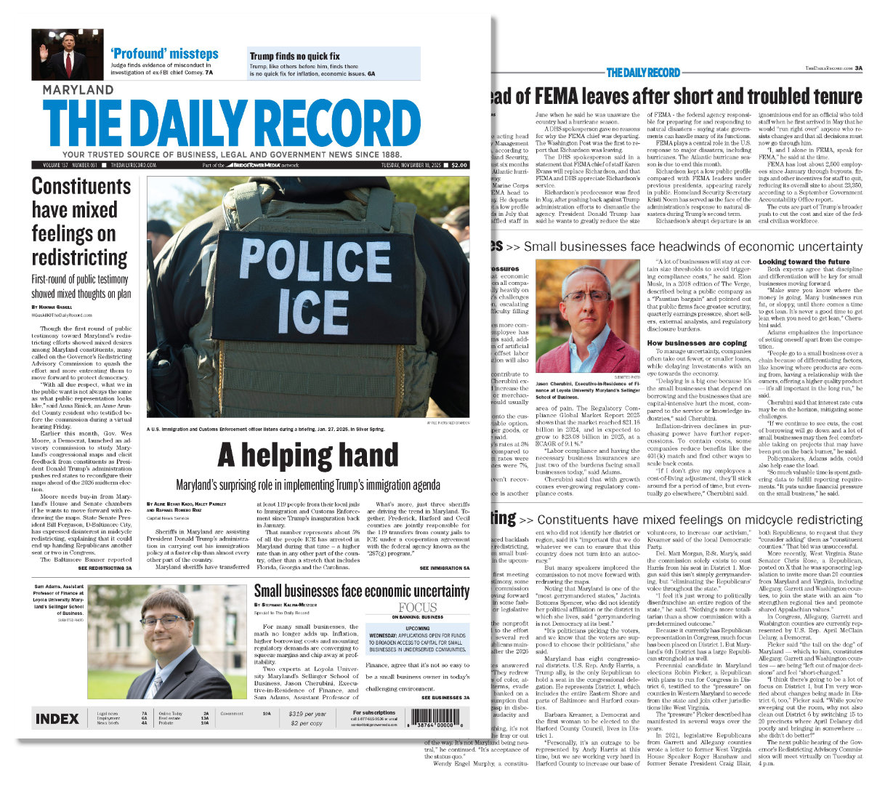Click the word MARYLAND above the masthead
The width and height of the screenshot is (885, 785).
(x=78, y=90)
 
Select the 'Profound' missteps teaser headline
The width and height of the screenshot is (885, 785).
(x=164, y=54)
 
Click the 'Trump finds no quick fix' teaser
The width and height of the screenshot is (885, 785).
(x=294, y=56)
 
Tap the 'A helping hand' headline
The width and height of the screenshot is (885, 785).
(x=308, y=455)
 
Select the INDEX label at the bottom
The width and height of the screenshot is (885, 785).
(x=57, y=719)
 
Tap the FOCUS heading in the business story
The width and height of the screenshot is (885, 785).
(x=418, y=607)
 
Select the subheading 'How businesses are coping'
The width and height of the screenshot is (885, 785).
(x=697, y=343)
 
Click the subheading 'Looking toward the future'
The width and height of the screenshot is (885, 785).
(x=804, y=262)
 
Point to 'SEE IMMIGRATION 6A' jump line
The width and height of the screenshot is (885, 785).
(x=445, y=568)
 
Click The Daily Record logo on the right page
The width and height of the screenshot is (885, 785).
(x=643, y=72)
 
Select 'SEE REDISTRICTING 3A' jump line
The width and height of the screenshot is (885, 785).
(x=105, y=568)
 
